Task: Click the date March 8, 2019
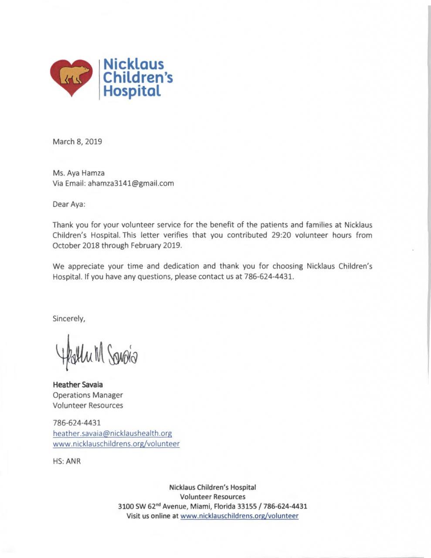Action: (77, 142)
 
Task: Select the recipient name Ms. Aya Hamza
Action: (78, 173)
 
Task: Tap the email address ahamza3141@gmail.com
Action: (131, 184)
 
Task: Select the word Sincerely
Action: (68, 319)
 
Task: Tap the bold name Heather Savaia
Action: (78, 385)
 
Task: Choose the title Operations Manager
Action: (88, 395)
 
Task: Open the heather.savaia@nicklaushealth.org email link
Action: (112, 433)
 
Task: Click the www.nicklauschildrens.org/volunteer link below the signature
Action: (116, 444)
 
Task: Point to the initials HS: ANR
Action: (67, 461)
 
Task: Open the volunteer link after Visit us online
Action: (239, 516)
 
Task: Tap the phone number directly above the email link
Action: (77, 422)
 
